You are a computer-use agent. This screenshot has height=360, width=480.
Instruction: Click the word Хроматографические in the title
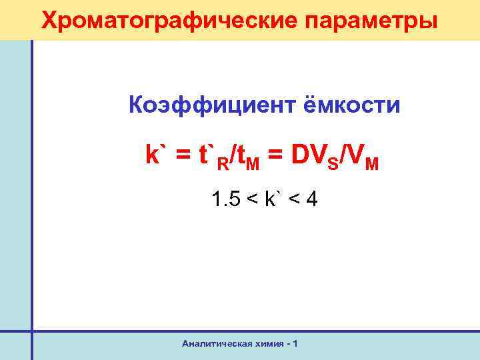(x=163, y=20)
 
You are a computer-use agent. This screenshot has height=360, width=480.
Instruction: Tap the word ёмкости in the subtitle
(x=353, y=105)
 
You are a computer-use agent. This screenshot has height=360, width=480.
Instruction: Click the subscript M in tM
(x=253, y=162)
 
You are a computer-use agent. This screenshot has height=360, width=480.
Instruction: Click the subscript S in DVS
(x=333, y=162)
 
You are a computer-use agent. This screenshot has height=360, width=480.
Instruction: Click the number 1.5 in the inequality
(x=224, y=199)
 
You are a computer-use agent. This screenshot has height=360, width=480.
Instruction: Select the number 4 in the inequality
(x=312, y=199)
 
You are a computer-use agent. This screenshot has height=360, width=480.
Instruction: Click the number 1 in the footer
(x=295, y=343)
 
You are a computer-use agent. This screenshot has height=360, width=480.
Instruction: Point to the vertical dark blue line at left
(x=31, y=200)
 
